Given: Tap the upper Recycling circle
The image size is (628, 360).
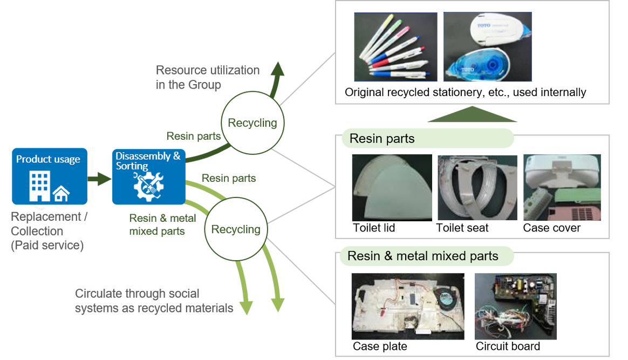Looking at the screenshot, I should pos(252,123).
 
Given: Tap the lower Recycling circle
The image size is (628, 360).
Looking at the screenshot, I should pos(236,229).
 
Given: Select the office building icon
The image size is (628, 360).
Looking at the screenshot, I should pos(40,186).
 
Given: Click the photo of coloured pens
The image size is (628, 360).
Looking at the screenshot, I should pos(395,47).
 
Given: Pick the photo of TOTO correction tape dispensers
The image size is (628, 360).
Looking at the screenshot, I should pos(487,47).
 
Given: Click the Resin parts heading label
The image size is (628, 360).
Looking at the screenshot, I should pos(382,139).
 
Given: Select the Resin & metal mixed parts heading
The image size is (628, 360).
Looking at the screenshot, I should pos(423,256).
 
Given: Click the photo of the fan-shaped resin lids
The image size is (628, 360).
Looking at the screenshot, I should pos(392,188).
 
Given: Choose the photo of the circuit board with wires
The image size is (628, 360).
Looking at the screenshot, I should pos(515,306).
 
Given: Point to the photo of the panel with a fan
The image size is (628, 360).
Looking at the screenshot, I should pos(408,306).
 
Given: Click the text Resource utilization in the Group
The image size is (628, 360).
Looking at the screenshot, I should pos(208,77).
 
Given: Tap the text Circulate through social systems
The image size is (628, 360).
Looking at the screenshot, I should pos(154,301).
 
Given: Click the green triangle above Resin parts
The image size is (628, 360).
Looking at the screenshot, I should pos(472,115).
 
